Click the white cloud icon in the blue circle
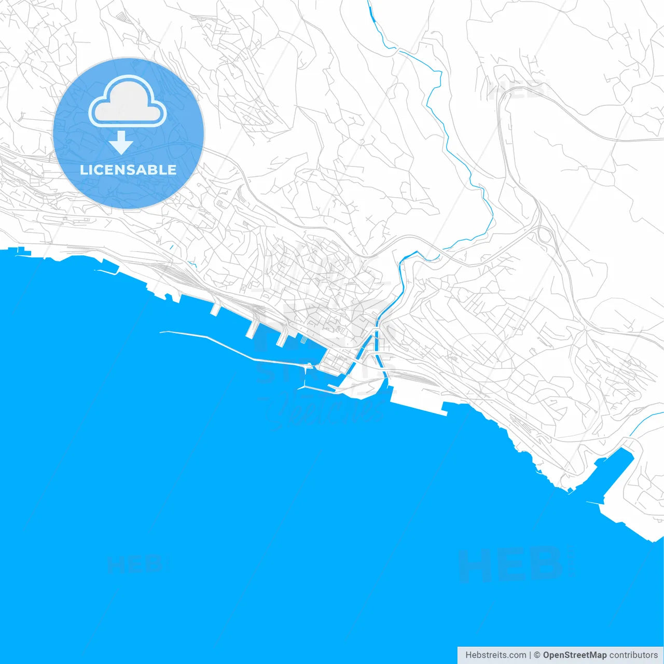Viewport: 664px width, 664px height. click(128, 102)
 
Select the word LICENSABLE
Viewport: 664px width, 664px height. click(128, 170)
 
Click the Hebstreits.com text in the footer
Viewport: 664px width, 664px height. click(495, 655)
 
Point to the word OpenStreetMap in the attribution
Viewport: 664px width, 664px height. click(574, 655)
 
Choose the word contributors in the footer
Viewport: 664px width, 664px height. click(633, 655)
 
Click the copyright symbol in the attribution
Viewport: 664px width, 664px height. click(537, 655)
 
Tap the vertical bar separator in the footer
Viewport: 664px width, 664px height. click(531, 655)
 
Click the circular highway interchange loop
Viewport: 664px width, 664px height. click(545, 234)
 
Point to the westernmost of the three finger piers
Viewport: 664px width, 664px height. click(215, 309)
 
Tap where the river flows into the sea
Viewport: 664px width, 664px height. click(386, 384)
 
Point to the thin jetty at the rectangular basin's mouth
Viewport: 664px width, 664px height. click(594, 503)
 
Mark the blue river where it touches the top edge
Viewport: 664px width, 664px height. click(369, 3)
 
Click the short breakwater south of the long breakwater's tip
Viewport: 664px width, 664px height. click(316, 388)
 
